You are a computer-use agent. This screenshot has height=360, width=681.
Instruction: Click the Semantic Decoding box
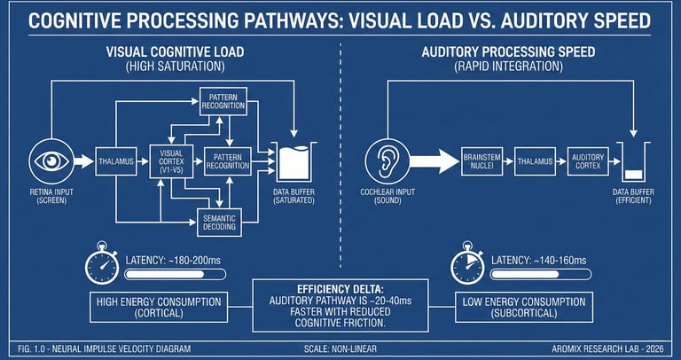(x=219, y=222)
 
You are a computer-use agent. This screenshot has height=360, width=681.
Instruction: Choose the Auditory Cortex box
(x=590, y=161)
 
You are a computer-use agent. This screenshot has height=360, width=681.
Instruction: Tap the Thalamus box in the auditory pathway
(x=536, y=161)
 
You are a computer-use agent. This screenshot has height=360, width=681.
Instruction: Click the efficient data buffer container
(x=631, y=165)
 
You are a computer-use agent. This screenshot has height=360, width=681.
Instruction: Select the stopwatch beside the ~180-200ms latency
(x=102, y=262)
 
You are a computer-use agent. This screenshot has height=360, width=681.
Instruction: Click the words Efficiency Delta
(x=340, y=288)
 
